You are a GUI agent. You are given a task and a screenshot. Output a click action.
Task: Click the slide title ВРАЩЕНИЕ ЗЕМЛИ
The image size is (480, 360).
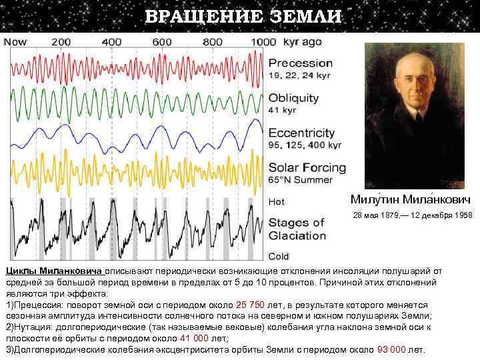click(243, 16)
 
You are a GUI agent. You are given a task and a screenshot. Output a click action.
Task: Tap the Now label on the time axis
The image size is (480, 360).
click(15, 42)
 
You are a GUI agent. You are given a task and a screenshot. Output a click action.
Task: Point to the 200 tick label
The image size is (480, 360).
click(61, 42)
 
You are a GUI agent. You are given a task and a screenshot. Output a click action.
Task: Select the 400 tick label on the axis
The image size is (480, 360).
click(112, 42)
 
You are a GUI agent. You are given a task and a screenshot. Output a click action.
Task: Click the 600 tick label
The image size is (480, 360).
click(162, 42)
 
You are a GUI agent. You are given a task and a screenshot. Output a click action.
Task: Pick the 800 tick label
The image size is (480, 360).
click(213, 42)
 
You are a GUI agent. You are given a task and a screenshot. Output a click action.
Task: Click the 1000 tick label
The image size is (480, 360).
click(263, 42)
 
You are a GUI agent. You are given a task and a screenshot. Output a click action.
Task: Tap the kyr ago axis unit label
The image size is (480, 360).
click(303, 42)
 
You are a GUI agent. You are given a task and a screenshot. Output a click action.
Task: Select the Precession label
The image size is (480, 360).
click(300, 63)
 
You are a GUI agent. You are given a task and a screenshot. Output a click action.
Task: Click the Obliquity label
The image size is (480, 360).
click(293, 98)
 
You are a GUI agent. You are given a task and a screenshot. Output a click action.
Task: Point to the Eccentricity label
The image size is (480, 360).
click(301, 133)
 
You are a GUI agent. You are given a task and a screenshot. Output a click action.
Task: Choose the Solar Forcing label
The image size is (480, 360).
click(307, 167)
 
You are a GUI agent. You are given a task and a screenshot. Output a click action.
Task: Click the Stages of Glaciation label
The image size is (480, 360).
click(297, 229)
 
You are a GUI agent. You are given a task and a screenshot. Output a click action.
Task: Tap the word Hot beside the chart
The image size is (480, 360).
click(276, 201)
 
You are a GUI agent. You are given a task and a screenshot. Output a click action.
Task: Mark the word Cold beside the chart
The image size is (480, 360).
click(279, 256)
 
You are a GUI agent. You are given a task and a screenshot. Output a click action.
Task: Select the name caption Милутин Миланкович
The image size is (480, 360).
click(410, 199)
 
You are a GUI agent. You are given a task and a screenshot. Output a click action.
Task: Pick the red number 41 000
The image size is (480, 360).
click(195, 339)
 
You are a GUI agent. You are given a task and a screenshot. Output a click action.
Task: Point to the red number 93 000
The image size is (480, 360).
click(391, 349)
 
